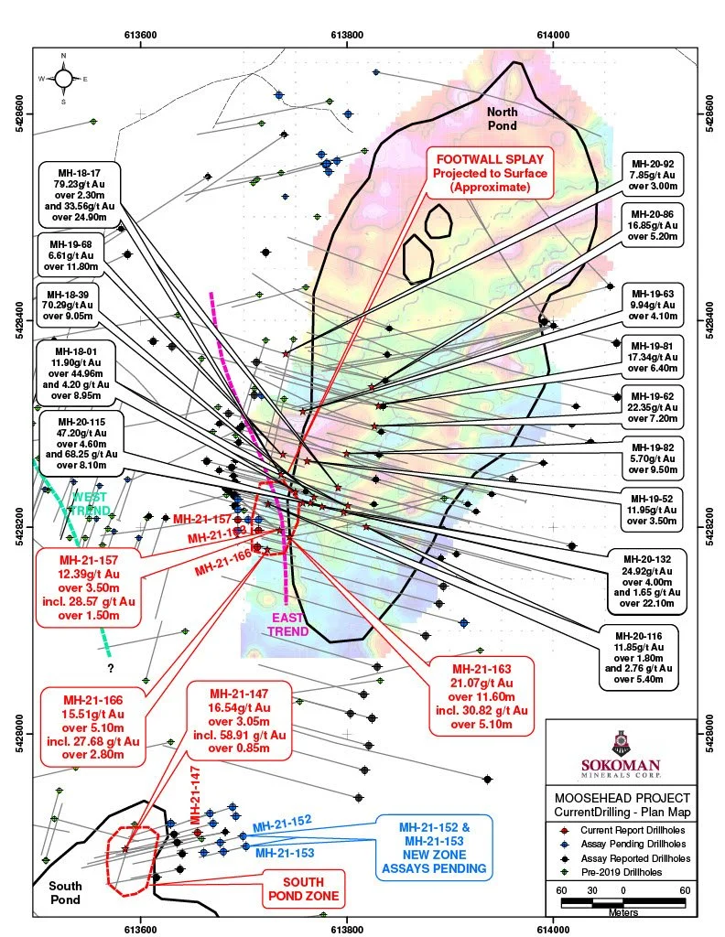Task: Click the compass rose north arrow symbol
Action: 63,78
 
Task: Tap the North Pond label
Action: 502,118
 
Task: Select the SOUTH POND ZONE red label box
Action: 304,889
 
